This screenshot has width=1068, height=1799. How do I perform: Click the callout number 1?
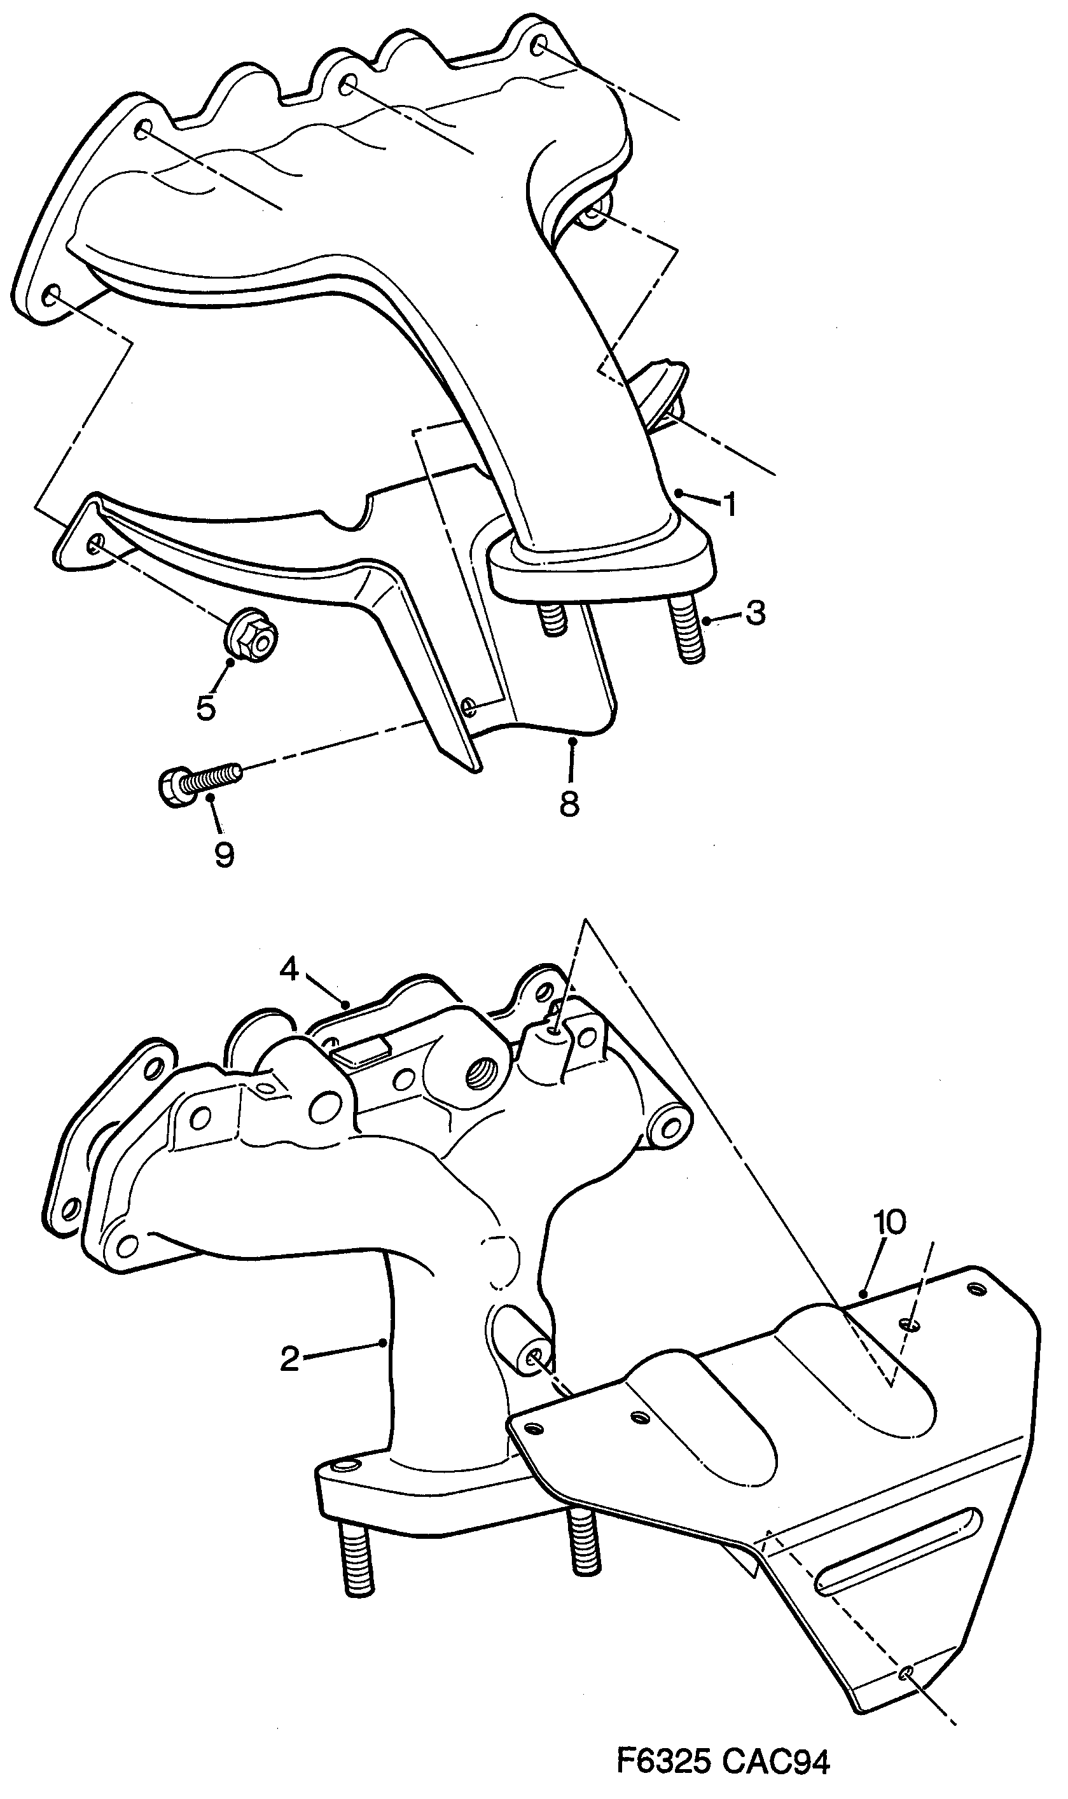point(730,504)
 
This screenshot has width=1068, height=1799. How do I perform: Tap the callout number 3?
point(755,614)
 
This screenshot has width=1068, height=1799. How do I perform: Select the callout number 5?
point(206,708)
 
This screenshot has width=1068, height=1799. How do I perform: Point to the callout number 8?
point(569,803)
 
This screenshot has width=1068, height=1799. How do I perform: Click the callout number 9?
point(224,855)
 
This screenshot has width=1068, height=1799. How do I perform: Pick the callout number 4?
point(289,970)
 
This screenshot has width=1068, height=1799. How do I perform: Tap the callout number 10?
point(889,1222)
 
